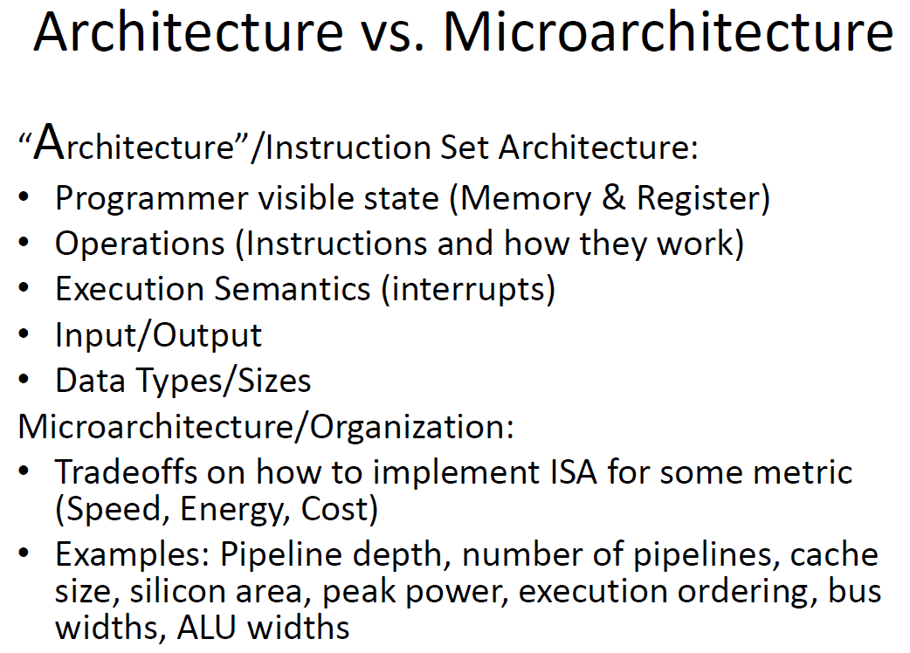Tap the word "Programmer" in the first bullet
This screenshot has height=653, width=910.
tap(152, 200)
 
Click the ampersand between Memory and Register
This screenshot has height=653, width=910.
tap(613, 198)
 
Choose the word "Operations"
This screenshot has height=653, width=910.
tap(140, 244)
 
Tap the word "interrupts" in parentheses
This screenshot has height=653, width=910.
tap(469, 290)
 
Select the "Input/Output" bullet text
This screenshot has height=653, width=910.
tap(158, 335)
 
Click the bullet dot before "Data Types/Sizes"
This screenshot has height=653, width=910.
tap(24, 381)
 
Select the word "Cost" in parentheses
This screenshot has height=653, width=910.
tap(334, 509)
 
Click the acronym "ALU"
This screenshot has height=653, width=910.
tap(207, 628)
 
